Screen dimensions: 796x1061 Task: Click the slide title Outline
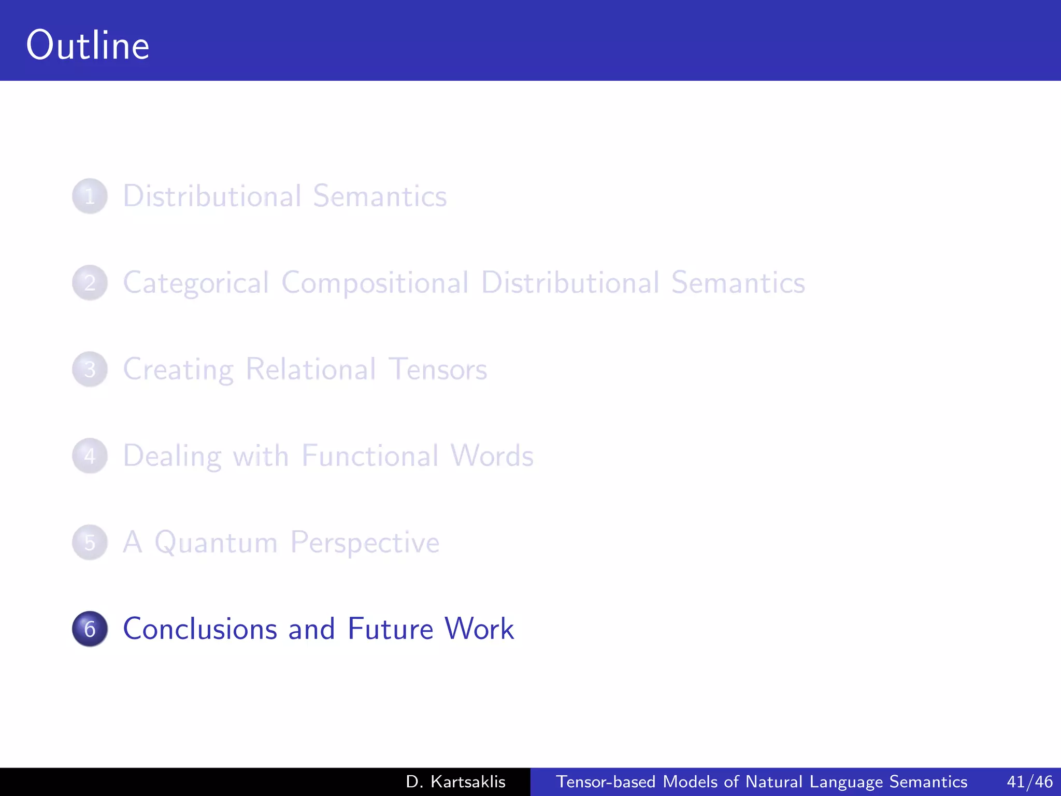point(88,46)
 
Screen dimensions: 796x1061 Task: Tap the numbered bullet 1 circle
point(90,196)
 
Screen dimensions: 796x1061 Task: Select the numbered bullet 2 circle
point(90,283)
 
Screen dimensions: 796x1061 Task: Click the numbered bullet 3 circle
point(90,369)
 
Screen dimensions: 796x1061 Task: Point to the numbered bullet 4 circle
point(90,456)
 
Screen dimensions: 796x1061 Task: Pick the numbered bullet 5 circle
point(90,543)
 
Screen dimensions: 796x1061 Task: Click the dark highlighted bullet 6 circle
point(90,629)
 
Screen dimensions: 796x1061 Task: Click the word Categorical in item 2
point(196,283)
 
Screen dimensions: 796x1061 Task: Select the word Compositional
point(375,283)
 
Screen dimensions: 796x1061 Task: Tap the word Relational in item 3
point(311,369)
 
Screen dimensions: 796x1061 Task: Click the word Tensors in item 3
point(437,369)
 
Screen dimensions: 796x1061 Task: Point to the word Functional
point(370,456)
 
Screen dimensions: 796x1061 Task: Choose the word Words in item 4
point(492,456)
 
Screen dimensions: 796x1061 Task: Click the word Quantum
point(216,543)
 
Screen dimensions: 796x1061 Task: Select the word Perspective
point(365,543)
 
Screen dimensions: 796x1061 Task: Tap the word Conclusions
point(200,629)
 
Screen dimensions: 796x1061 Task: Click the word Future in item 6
point(390,629)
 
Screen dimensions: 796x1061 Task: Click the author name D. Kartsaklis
point(455,781)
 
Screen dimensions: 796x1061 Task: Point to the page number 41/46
point(1029,781)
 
